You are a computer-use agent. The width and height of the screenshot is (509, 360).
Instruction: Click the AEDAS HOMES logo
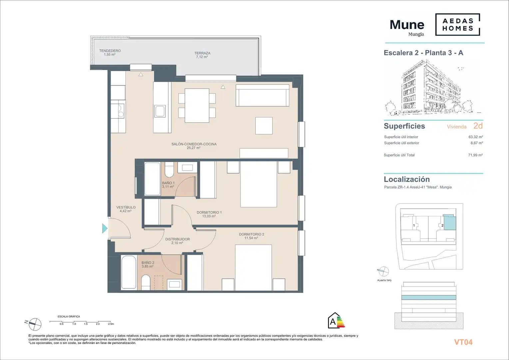pos(458,25)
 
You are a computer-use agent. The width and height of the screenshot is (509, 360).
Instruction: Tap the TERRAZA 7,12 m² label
pos(202,55)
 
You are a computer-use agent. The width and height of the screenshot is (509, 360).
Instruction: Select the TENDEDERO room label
pos(110,51)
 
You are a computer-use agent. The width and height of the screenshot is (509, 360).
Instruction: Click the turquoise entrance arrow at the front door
pos(105,228)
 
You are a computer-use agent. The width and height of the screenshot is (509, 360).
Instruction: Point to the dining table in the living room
pos(197,106)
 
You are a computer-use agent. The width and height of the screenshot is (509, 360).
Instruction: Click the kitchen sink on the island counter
pos(160,111)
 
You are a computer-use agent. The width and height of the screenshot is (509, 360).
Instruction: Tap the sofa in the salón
pos(262,95)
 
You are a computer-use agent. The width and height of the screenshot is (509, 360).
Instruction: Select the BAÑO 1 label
pos(168,183)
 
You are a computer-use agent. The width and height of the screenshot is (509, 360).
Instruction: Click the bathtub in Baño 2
pos(129,272)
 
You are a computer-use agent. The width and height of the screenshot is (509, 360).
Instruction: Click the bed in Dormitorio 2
pos(254,267)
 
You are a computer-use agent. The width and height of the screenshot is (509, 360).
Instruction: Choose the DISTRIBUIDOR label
pos(178,239)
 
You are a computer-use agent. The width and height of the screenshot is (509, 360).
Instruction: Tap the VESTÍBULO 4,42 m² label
pos(126,209)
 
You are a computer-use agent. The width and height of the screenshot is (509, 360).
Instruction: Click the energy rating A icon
pos(336,320)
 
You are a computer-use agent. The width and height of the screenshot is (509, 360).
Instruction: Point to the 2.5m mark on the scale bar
pos(111,324)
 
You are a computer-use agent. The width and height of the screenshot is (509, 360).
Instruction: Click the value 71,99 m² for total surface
pos(475,155)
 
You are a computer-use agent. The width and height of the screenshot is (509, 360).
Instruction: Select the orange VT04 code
pos(463,342)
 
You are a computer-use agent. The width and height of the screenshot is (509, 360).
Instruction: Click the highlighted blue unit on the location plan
pos(450,222)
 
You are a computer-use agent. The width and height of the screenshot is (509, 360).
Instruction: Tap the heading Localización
pos(407,179)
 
